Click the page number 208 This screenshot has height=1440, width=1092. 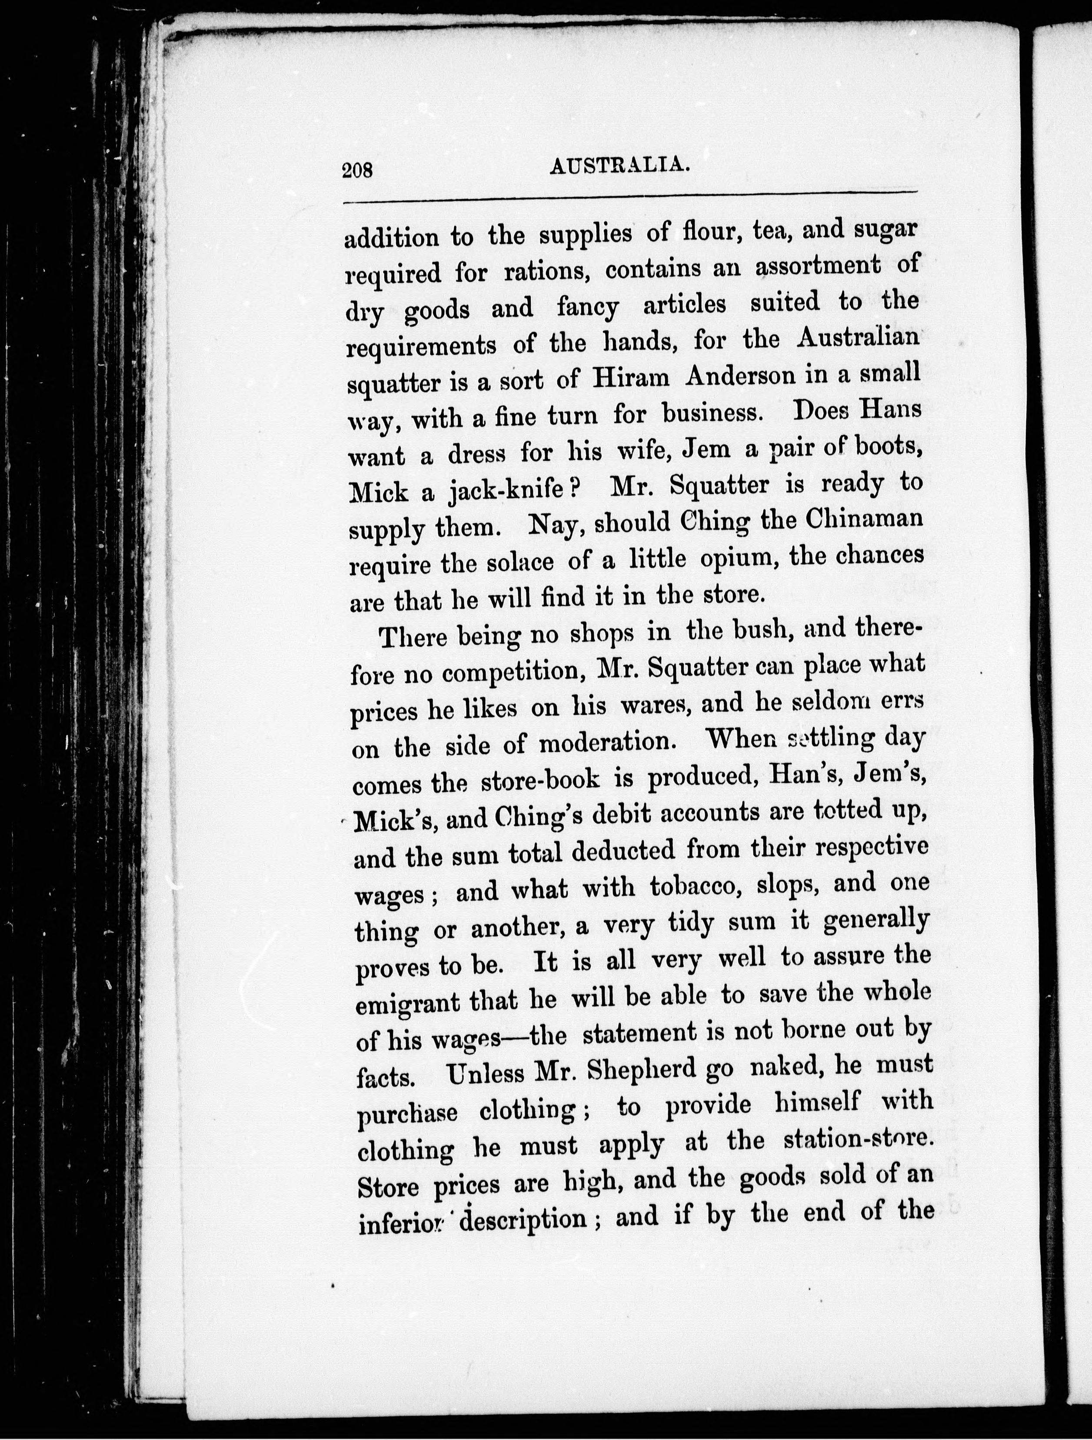[357, 170]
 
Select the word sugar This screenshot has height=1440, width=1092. [884, 230]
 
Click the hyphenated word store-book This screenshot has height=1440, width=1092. [540, 780]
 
